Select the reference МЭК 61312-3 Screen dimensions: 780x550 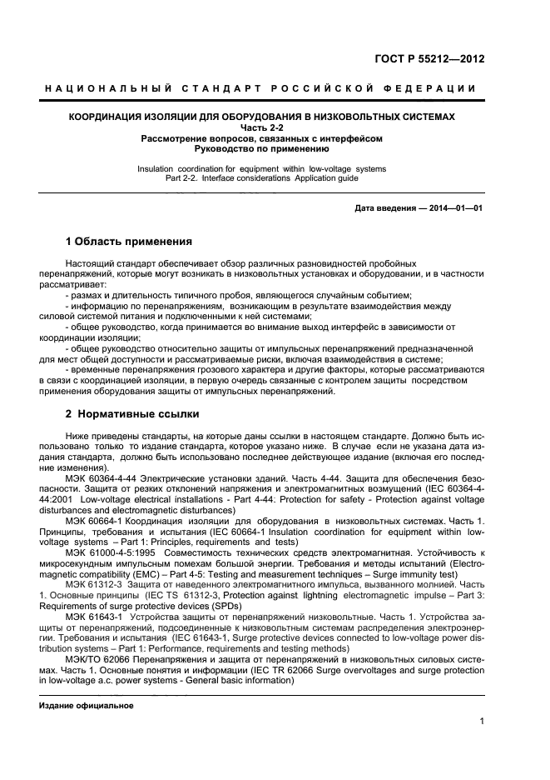(x=97, y=584)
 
